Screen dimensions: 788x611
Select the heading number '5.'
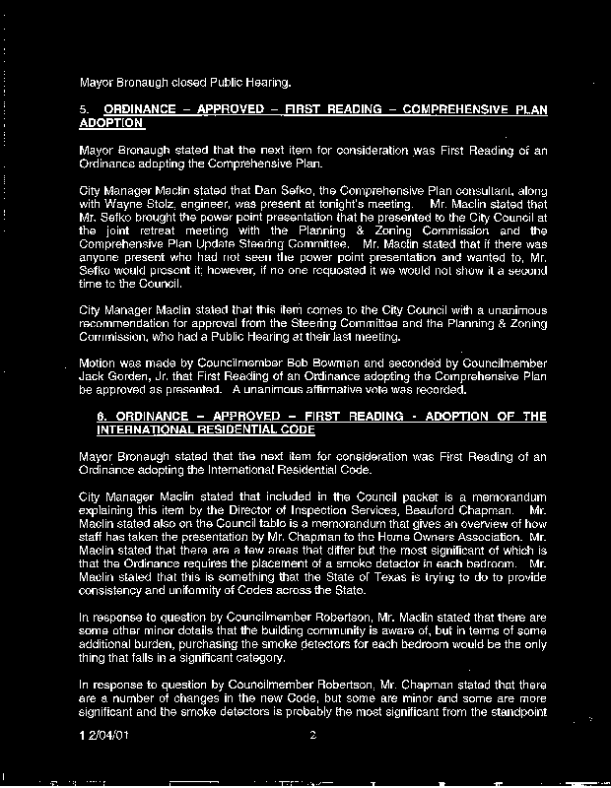tap(84, 109)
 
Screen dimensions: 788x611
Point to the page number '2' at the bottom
tap(310, 735)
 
